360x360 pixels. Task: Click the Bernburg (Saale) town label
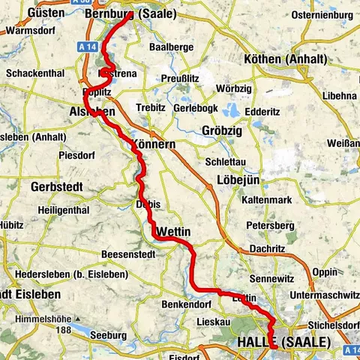(x=130, y=13)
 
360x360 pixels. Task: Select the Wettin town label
(x=174, y=232)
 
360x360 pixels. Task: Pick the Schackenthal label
(x=34, y=74)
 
